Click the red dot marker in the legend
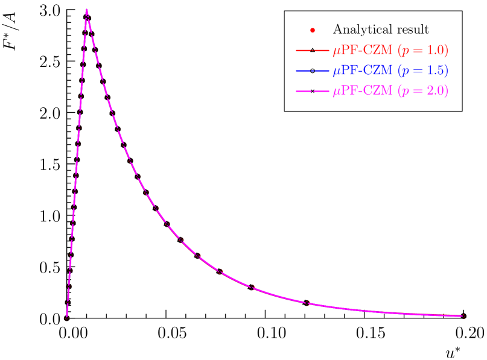click(x=312, y=30)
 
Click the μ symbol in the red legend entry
click(x=336, y=52)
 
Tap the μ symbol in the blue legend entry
click(x=336, y=72)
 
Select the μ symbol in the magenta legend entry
click(x=336, y=92)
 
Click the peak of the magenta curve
click(x=87, y=10)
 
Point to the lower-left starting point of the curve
click(x=66, y=318)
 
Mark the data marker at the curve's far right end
click(x=464, y=315)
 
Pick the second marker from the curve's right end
click(x=308, y=303)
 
